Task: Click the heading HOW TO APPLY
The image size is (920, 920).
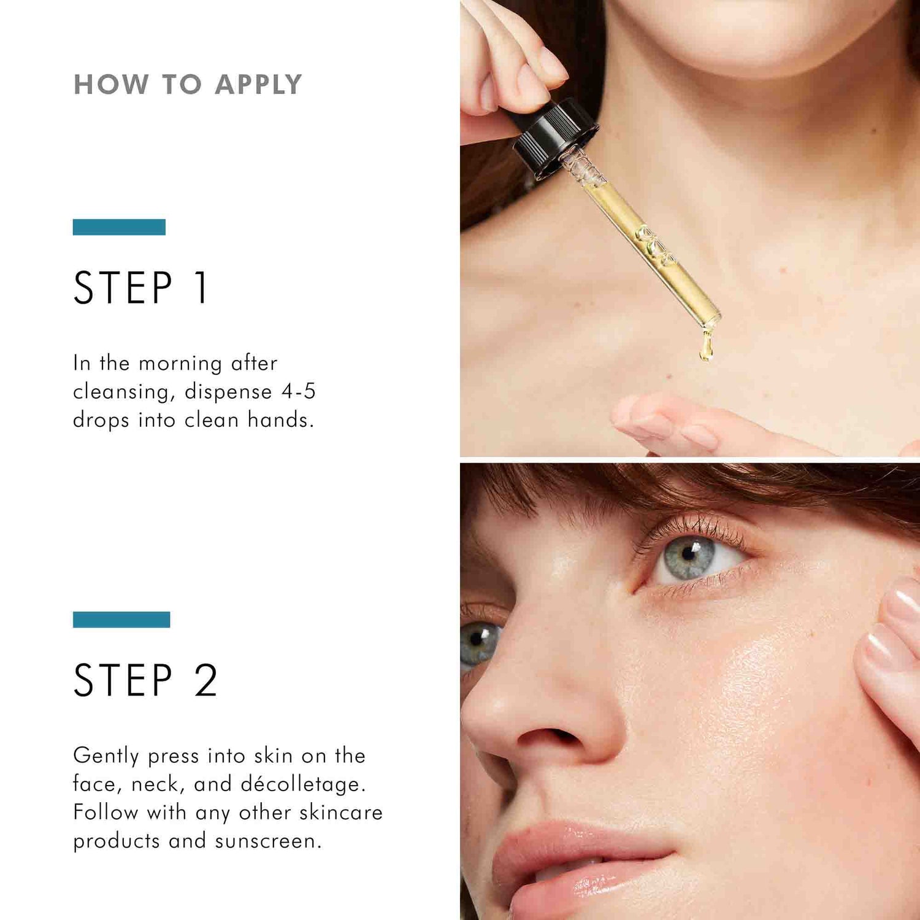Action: (188, 85)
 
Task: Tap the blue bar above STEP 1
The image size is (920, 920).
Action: (119, 227)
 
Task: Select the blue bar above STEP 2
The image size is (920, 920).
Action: (121, 619)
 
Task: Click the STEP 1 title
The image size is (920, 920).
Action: (142, 288)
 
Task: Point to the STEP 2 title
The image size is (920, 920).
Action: (145, 680)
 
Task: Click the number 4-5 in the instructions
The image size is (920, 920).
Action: (298, 391)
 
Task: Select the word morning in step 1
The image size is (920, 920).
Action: (180, 363)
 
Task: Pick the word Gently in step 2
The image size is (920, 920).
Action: (106, 756)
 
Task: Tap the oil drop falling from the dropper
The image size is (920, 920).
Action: (706, 348)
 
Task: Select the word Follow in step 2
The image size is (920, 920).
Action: (105, 813)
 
